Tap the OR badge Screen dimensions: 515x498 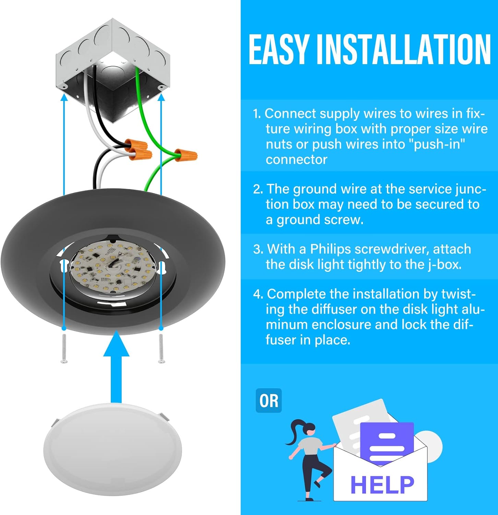tap(269, 401)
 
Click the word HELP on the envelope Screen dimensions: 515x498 tap(382, 484)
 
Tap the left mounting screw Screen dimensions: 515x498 tap(64, 349)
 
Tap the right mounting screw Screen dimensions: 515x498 tap(161, 349)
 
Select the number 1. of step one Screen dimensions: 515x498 tap(257, 114)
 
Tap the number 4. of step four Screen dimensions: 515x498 tap(258, 294)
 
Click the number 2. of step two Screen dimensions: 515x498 tap(258, 189)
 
